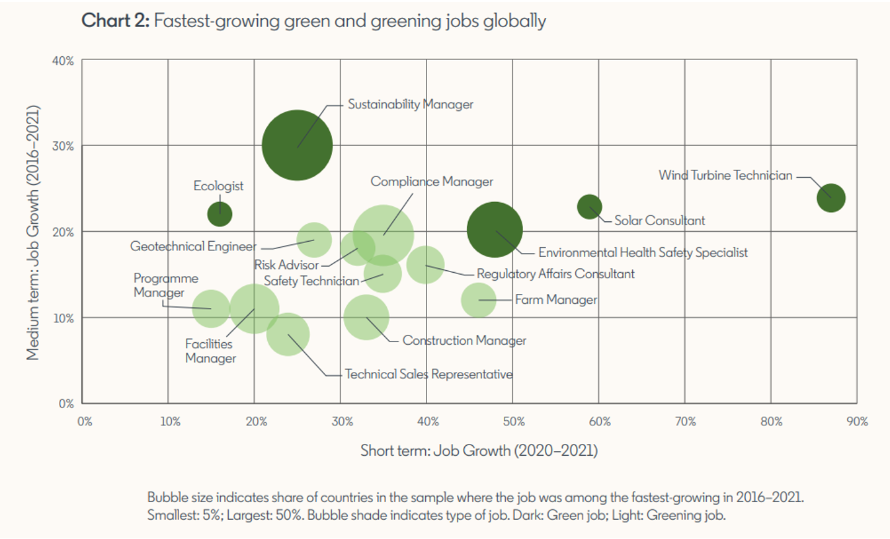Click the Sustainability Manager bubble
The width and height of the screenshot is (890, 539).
point(297,145)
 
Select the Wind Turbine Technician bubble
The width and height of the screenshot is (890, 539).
point(830,198)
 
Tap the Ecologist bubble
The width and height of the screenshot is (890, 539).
point(220,213)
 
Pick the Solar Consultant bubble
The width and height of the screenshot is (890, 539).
point(589,206)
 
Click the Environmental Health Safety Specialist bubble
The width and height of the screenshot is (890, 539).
point(495,229)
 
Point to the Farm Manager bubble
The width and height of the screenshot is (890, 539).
point(478,299)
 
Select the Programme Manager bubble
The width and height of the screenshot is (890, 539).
point(210,308)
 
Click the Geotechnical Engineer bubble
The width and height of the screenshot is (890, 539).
point(313,239)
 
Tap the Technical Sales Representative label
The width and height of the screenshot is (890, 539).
point(428,375)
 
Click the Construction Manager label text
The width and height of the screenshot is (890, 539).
point(464,341)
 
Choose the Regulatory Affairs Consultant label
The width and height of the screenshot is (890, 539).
point(555,273)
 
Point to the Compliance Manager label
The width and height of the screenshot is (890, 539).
point(432,182)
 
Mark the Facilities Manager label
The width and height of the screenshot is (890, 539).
point(210,351)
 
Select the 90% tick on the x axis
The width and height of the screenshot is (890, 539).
point(857,421)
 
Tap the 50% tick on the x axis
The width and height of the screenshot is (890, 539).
point(513,421)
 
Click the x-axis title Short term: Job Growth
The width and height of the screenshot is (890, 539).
point(479,451)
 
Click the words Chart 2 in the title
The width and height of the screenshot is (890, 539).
point(115,21)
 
